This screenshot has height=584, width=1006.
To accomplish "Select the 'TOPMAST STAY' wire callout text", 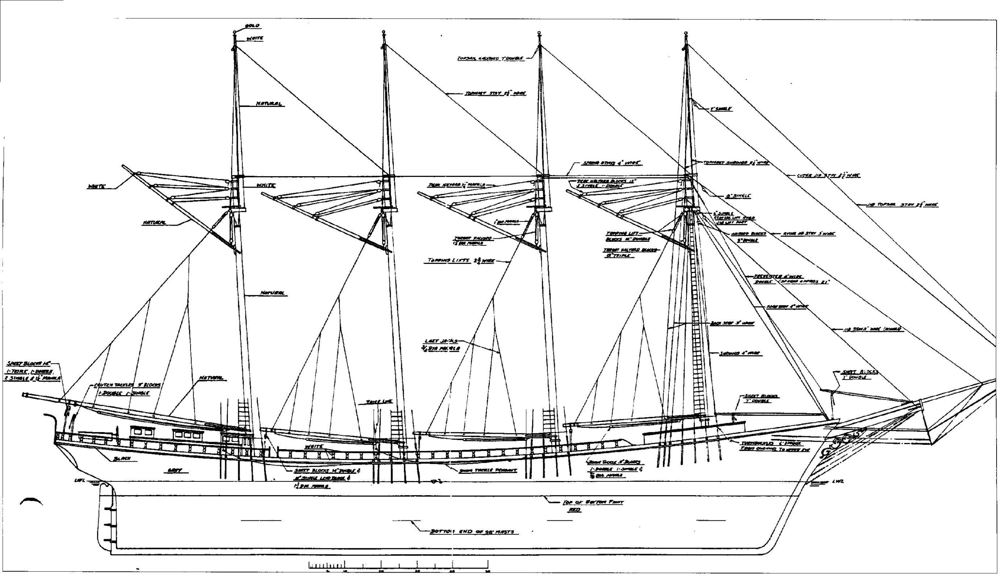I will pyautogui.click(x=495, y=94).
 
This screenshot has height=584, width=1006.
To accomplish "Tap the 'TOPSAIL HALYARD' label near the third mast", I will pyautogui.click(x=490, y=59).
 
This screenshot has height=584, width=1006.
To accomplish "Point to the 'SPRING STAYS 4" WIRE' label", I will pyautogui.click(x=612, y=163).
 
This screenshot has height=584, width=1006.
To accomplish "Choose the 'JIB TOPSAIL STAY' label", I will pyautogui.click(x=901, y=205).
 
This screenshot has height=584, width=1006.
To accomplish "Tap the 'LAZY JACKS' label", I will pyautogui.click(x=441, y=341).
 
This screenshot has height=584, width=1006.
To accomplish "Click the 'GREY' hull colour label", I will pyautogui.click(x=174, y=471).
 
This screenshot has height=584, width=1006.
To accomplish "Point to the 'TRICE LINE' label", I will pyautogui.click(x=379, y=402).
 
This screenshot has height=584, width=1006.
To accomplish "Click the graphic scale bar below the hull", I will pyautogui.click(x=398, y=564).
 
